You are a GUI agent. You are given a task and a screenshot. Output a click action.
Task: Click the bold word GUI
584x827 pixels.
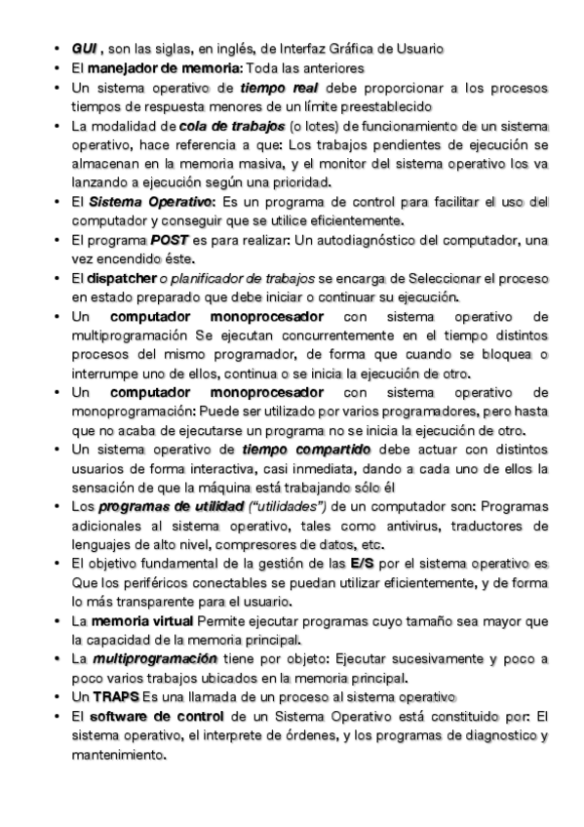pyautogui.click(x=84, y=48)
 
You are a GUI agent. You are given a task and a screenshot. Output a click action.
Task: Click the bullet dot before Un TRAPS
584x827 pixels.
pyautogui.click(x=59, y=696)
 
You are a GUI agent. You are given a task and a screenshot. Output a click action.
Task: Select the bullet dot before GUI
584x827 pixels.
pyautogui.click(x=59, y=48)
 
